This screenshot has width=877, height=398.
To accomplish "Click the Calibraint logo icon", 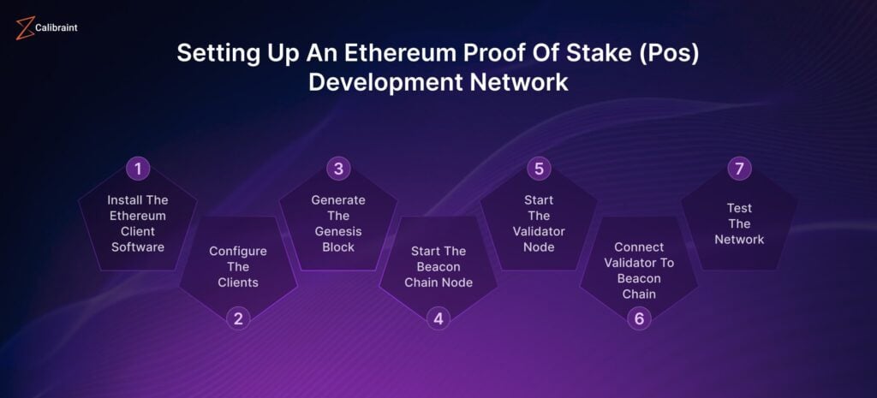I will [x=24, y=28].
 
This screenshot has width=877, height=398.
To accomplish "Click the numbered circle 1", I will [x=137, y=168].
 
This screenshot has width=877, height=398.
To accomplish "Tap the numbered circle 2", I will [x=238, y=319].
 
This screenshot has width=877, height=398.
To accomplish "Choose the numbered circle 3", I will [x=338, y=168].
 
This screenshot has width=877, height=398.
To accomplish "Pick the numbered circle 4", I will [x=438, y=319].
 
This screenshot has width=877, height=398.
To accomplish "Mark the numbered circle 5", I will [x=539, y=168].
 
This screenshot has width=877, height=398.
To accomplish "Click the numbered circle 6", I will [x=639, y=319].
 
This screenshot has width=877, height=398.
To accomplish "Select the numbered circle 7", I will [x=739, y=168].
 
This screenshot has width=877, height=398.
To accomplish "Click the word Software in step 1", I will [x=137, y=247].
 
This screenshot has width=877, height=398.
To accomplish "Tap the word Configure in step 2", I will [x=238, y=251].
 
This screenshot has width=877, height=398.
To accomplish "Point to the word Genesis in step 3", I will [x=338, y=231].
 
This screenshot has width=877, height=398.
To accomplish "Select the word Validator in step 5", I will [x=539, y=231].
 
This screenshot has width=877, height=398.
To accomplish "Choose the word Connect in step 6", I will [x=639, y=247].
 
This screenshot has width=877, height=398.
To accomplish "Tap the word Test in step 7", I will [x=739, y=207].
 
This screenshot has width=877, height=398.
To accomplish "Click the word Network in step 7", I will [x=739, y=239].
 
